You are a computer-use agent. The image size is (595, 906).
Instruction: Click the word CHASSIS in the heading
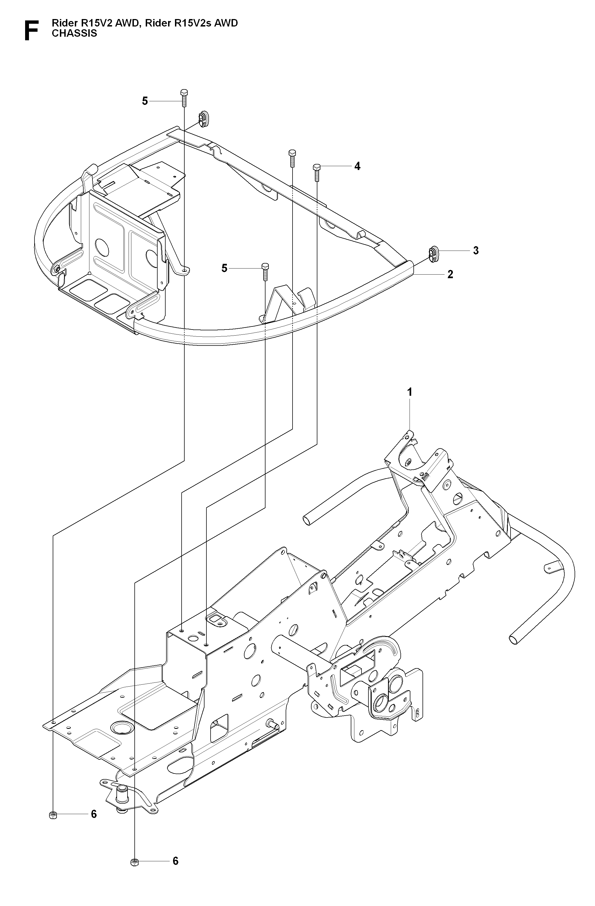[74, 33]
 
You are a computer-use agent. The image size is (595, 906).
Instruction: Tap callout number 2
[450, 275]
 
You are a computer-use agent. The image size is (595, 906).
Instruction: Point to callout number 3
[476, 251]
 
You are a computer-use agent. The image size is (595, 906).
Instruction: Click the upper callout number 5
[145, 101]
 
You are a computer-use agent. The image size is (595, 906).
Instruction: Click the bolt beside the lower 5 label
[265, 272]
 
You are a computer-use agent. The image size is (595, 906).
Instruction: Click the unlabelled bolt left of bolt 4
[292, 159]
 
